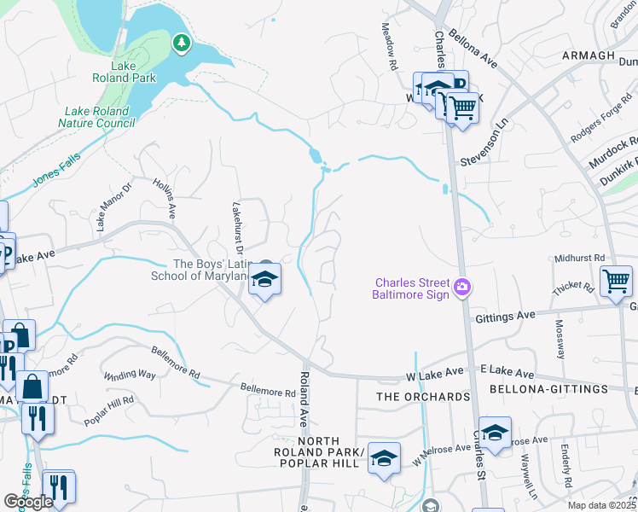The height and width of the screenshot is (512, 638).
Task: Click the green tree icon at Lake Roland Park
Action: [x=181, y=42]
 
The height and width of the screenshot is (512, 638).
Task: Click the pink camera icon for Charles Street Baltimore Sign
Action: [x=462, y=285]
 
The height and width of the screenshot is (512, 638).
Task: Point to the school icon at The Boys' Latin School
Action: [x=264, y=280]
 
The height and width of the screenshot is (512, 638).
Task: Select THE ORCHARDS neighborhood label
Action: [x=424, y=397]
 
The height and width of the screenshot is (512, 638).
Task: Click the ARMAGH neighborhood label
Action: [x=589, y=55]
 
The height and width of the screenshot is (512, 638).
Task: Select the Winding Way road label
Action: [x=130, y=375]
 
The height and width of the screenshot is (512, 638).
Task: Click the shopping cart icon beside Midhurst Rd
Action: [x=616, y=280]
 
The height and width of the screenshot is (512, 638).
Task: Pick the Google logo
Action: [x=28, y=503]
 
